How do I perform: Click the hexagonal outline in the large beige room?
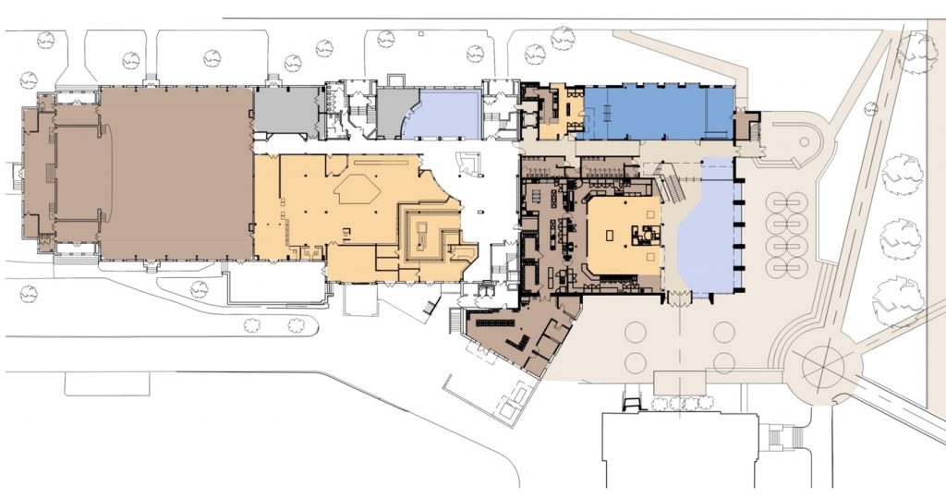[x=358, y=190]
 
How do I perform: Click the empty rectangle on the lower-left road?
[x=107, y=383]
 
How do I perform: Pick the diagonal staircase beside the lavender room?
[x=673, y=188]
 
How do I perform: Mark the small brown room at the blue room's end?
[x=746, y=125]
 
